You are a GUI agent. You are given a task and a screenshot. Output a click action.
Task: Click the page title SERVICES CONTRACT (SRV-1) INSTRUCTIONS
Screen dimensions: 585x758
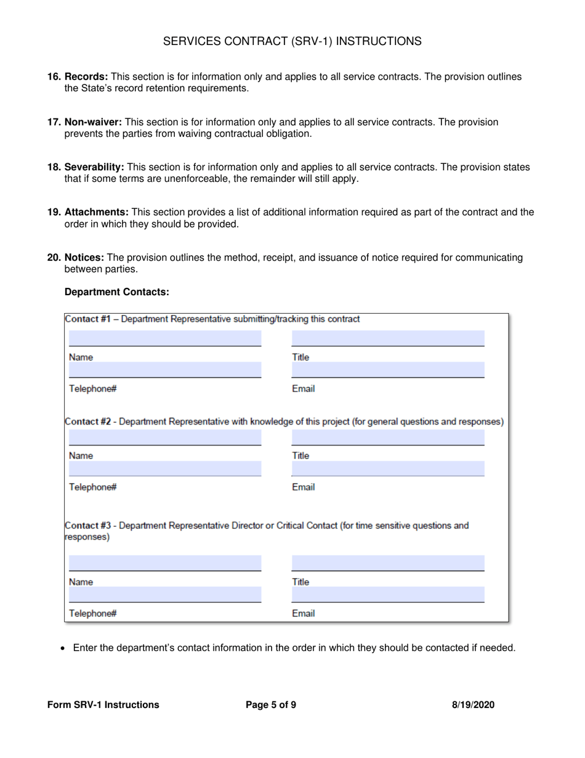[x=292, y=41]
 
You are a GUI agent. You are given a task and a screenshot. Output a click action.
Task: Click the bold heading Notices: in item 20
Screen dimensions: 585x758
[x=84, y=258]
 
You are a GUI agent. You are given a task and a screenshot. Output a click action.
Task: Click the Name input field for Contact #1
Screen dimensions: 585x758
[x=164, y=338]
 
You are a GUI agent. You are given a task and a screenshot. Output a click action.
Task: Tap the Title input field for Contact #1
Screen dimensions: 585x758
[x=387, y=338]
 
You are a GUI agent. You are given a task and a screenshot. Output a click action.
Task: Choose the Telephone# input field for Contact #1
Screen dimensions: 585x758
[x=164, y=370]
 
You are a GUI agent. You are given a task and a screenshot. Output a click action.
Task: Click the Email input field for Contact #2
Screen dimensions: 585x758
[x=387, y=469]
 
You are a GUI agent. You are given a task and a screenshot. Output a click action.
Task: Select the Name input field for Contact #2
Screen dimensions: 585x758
[x=164, y=438]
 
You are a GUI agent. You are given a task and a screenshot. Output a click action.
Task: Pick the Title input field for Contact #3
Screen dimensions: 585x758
[x=387, y=563]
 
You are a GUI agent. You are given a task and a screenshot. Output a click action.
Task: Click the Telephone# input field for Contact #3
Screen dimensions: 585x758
[x=164, y=595]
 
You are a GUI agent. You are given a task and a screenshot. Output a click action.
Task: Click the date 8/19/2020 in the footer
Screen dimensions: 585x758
[x=473, y=705]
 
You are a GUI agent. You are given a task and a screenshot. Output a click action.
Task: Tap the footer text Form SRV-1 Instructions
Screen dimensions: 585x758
[x=103, y=705]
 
